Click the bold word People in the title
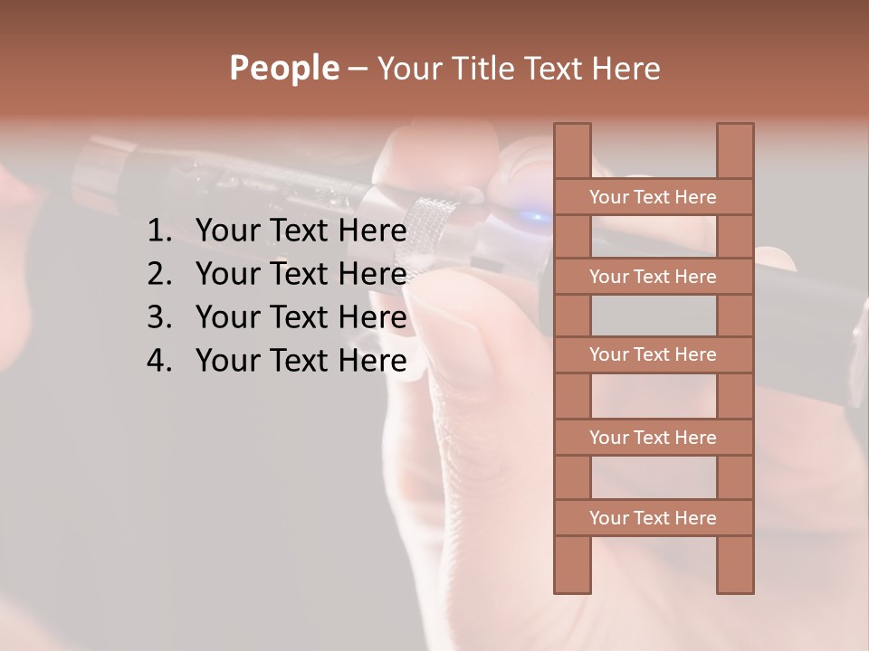(x=283, y=69)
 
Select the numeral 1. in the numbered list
(x=159, y=231)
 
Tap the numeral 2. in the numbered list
(x=159, y=274)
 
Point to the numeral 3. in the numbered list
(x=159, y=317)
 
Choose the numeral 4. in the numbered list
(x=159, y=361)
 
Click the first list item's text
(x=301, y=231)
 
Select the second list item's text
(x=301, y=274)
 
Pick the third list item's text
(x=301, y=317)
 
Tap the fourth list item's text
(x=301, y=361)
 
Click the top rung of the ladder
(x=653, y=197)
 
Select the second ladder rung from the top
(x=653, y=277)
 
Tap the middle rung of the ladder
(x=653, y=355)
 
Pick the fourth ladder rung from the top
(x=653, y=438)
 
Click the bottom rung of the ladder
(x=653, y=518)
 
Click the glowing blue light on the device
(x=536, y=217)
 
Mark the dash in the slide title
(x=357, y=70)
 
